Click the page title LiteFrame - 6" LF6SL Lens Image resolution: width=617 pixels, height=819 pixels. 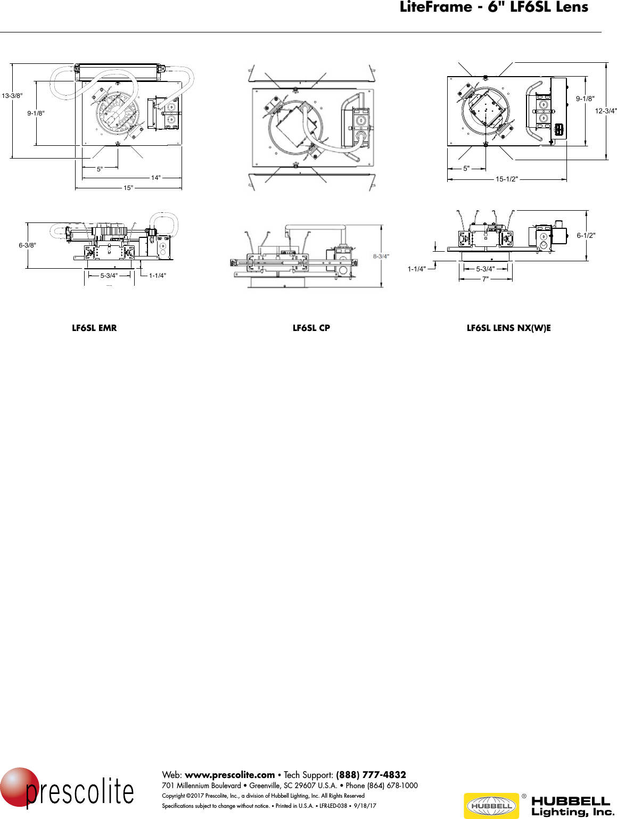(x=493, y=7)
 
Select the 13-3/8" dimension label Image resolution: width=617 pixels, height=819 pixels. (x=12, y=96)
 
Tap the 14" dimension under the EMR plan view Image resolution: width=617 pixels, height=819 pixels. (x=155, y=178)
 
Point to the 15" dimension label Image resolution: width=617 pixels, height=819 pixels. (x=128, y=188)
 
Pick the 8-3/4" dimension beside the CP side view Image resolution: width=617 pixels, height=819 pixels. (x=381, y=256)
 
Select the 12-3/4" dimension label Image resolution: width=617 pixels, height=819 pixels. (x=606, y=111)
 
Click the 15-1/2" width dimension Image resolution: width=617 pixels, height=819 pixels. (x=506, y=179)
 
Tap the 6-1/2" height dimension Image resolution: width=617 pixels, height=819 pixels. (x=586, y=235)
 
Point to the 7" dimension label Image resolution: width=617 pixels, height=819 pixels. (x=485, y=279)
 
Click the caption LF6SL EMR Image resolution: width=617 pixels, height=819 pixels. (x=94, y=328)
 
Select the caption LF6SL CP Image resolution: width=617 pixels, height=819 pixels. (x=311, y=328)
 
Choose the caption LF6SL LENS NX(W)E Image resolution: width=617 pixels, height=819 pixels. (x=508, y=328)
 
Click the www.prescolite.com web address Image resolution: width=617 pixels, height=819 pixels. (x=229, y=775)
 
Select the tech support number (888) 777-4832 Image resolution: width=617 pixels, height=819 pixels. (x=371, y=775)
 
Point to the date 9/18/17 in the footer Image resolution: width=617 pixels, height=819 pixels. (x=365, y=806)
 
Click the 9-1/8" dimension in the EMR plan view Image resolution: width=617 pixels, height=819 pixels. (x=36, y=113)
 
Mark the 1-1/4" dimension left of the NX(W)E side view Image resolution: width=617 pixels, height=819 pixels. (x=417, y=269)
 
